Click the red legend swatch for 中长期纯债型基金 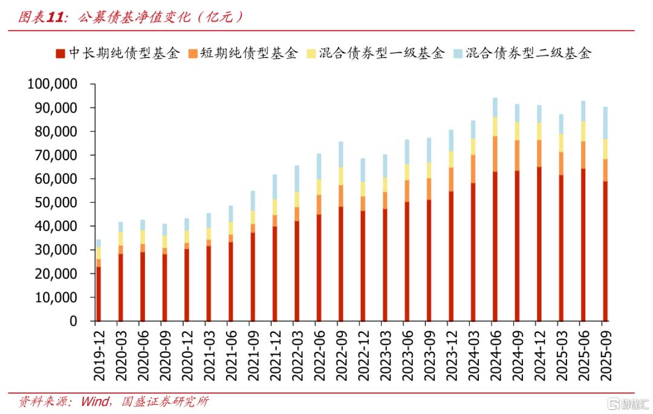[60, 54]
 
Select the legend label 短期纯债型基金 [249, 53]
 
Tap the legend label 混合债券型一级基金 [382, 53]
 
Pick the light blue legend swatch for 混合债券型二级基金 [458, 54]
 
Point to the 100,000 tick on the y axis [53, 84]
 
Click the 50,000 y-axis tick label [56, 202]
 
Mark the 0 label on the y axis [73, 321]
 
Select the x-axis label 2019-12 [99, 356]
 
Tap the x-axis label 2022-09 [341, 356]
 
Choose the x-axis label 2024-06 [495, 356]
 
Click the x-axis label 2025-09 [605, 356]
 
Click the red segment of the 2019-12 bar [99, 294]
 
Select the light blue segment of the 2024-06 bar [495, 108]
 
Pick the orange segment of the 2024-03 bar [473, 169]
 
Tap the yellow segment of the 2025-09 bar [605, 149]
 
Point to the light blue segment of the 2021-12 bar [275, 187]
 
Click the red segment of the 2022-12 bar [363, 266]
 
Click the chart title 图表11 [42, 17]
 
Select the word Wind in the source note [95, 401]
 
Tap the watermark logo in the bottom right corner [628, 403]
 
